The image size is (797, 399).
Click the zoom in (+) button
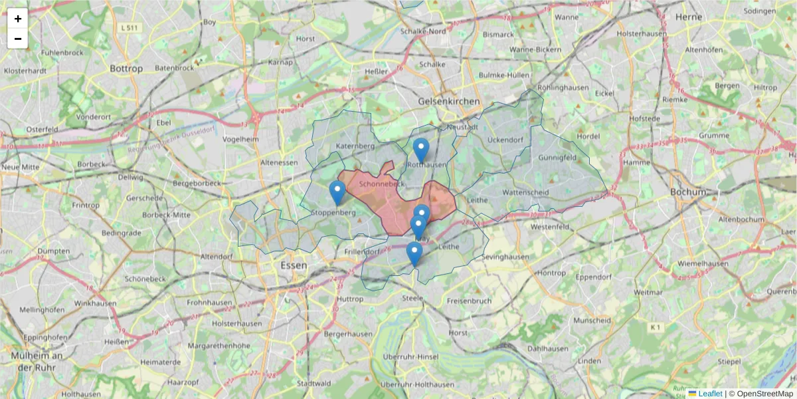point(18,19)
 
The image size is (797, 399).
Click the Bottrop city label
point(126,68)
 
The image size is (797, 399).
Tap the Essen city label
point(294,265)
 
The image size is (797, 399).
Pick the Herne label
point(688,17)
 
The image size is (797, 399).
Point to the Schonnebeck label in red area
point(381,184)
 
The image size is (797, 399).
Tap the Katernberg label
point(356,146)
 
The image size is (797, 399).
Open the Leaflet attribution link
point(709,394)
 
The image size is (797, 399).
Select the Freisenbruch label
point(469,301)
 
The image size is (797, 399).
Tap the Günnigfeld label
point(558,158)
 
